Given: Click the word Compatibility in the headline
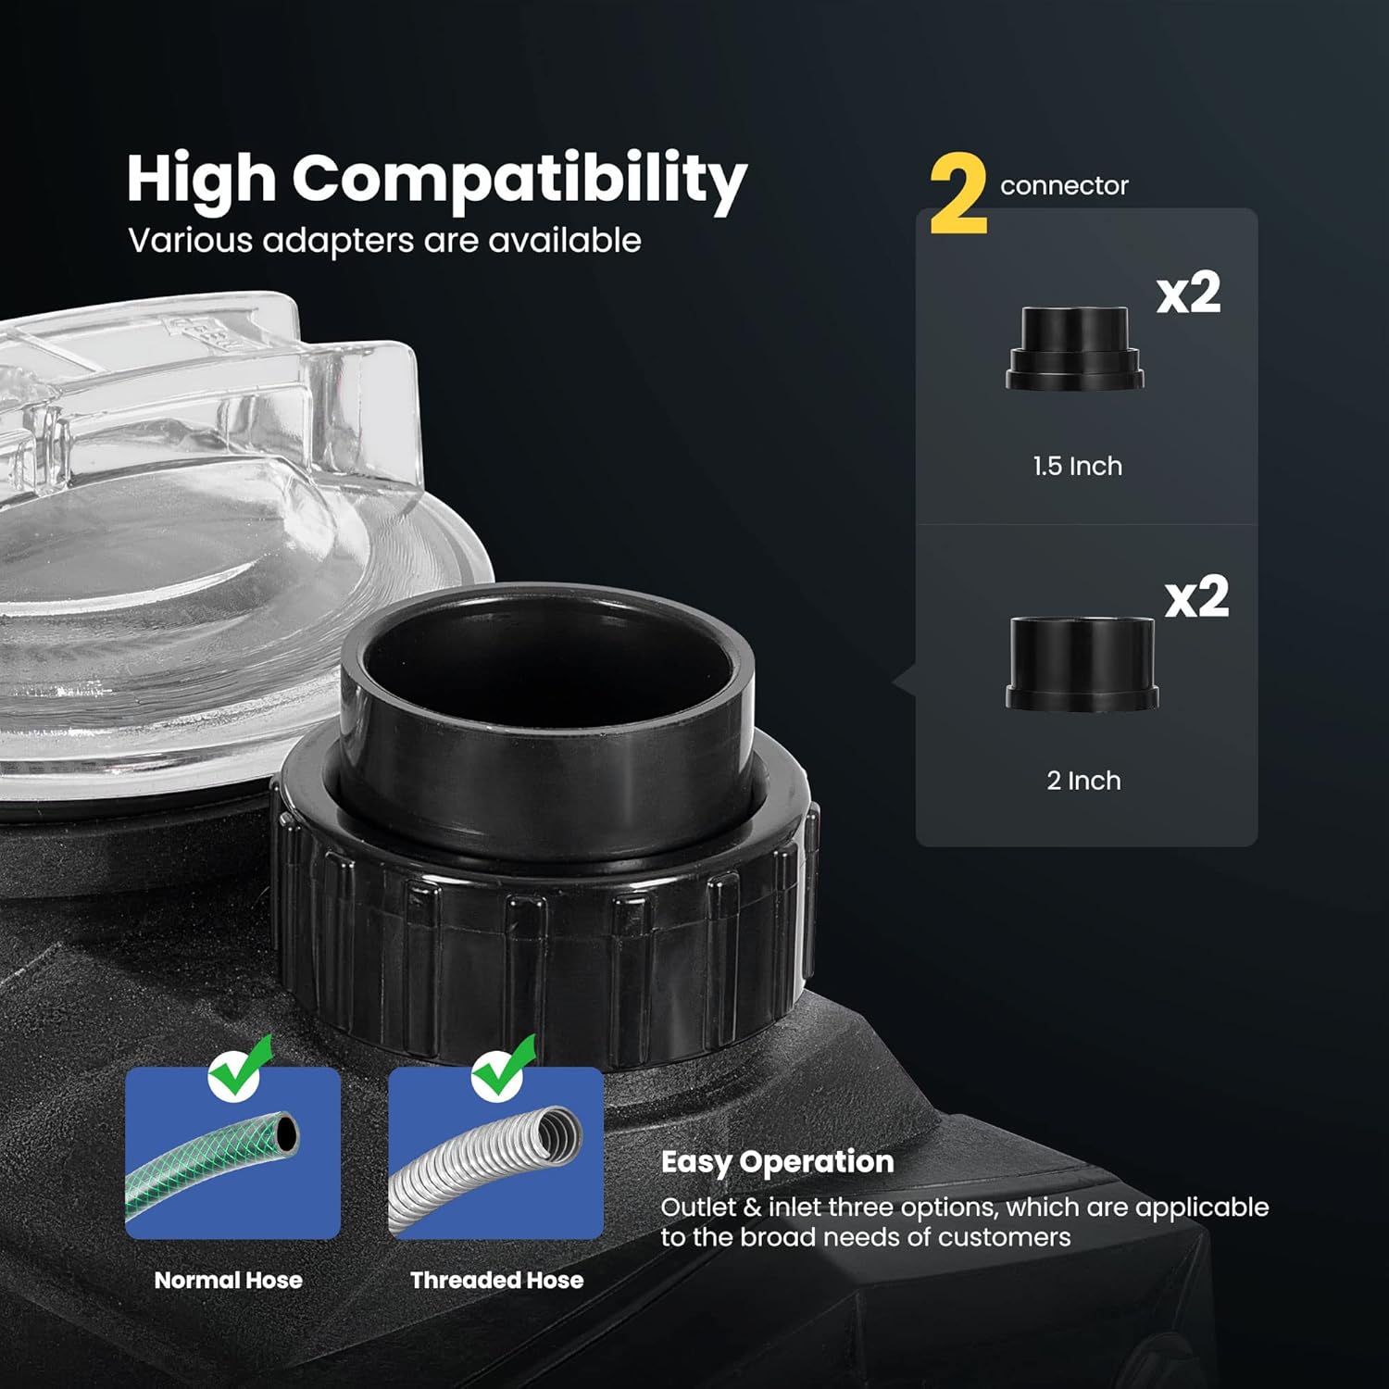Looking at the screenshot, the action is (x=519, y=180).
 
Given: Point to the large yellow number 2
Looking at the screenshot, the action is (x=958, y=194).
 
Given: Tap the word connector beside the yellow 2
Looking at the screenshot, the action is (x=1064, y=186).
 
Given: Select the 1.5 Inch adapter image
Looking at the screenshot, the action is (x=1074, y=348).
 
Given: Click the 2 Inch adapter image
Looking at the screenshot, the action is (x=1082, y=664).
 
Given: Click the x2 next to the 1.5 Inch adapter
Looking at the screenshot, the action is (x=1189, y=294).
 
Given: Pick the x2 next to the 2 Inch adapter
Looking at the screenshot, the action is (x=1196, y=597).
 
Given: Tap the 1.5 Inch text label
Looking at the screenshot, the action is (x=1077, y=466).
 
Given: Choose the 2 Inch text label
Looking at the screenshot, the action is (x=1083, y=781).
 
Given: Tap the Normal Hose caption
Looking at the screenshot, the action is (x=229, y=1281).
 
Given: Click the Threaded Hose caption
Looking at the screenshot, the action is (x=497, y=1281).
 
